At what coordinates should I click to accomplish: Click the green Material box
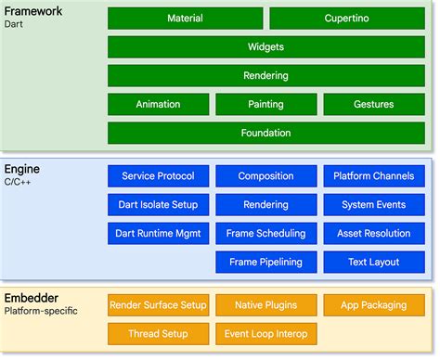[x=185, y=19]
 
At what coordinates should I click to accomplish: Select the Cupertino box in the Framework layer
[x=347, y=19]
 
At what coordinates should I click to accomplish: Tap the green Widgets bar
[x=265, y=47]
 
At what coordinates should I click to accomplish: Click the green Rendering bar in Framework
[x=265, y=76]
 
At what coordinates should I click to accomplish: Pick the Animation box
[x=158, y=105]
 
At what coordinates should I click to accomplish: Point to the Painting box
[x=265, y=105]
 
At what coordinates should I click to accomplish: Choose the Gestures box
[x=373, y=105]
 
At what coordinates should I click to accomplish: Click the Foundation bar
[x=265, y=134]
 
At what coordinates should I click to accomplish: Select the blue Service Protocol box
[x=158, y=176]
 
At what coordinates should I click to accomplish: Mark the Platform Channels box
[x=373, y=176]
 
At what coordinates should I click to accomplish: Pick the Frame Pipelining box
[x=265, y=262]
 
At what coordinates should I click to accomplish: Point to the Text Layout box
[x=373, y=262]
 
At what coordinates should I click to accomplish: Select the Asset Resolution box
[x=373, y=234]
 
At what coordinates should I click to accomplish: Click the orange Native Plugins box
[x=265, y=304]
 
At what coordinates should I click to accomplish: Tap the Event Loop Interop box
[x=265, y=333]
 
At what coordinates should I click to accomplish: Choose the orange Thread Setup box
[x=158, y=333]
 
